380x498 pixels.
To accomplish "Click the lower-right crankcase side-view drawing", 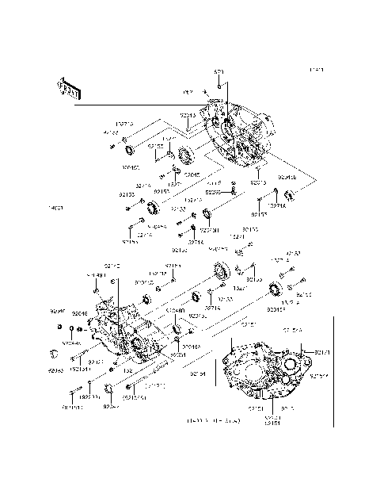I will coord(265,369).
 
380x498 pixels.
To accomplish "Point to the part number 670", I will coord(219,72).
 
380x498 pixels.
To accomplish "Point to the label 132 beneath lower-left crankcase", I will coord(127,370).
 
